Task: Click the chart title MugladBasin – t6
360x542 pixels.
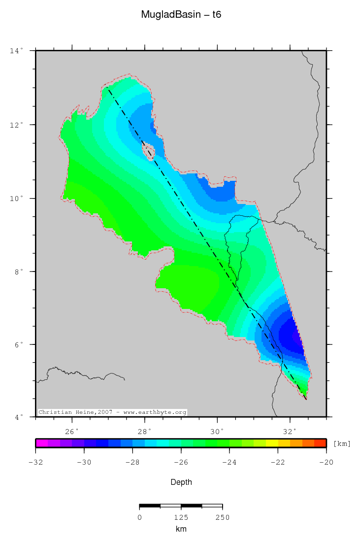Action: coord(181,15)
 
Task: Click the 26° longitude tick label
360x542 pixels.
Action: coord(72,431)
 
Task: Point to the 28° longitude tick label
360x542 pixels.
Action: coord(145,431)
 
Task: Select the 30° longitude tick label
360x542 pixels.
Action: coord(217,431)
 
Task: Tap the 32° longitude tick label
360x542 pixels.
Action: coord(290,431)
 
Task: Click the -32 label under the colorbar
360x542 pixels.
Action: coord(35,462)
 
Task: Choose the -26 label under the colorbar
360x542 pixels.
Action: coord(181,462)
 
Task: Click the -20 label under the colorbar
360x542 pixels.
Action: coord(326,462)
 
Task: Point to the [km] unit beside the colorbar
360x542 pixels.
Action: coord(342,443)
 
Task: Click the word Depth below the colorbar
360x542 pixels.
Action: coord(181,482)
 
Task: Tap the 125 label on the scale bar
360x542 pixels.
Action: coord(181,517)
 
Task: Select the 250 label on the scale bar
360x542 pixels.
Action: coord(222,517)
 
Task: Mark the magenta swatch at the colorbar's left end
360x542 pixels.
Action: coord(41,443)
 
